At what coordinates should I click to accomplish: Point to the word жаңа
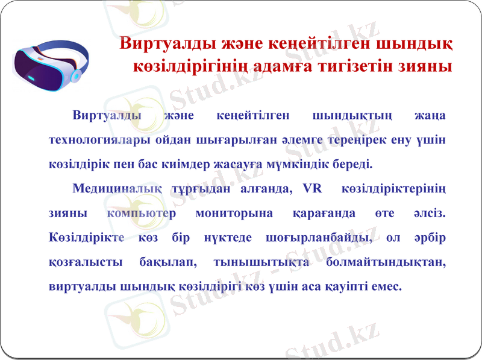(431, 115)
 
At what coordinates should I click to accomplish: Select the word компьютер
(141, 213)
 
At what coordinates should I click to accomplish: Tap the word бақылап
(161, 262)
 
